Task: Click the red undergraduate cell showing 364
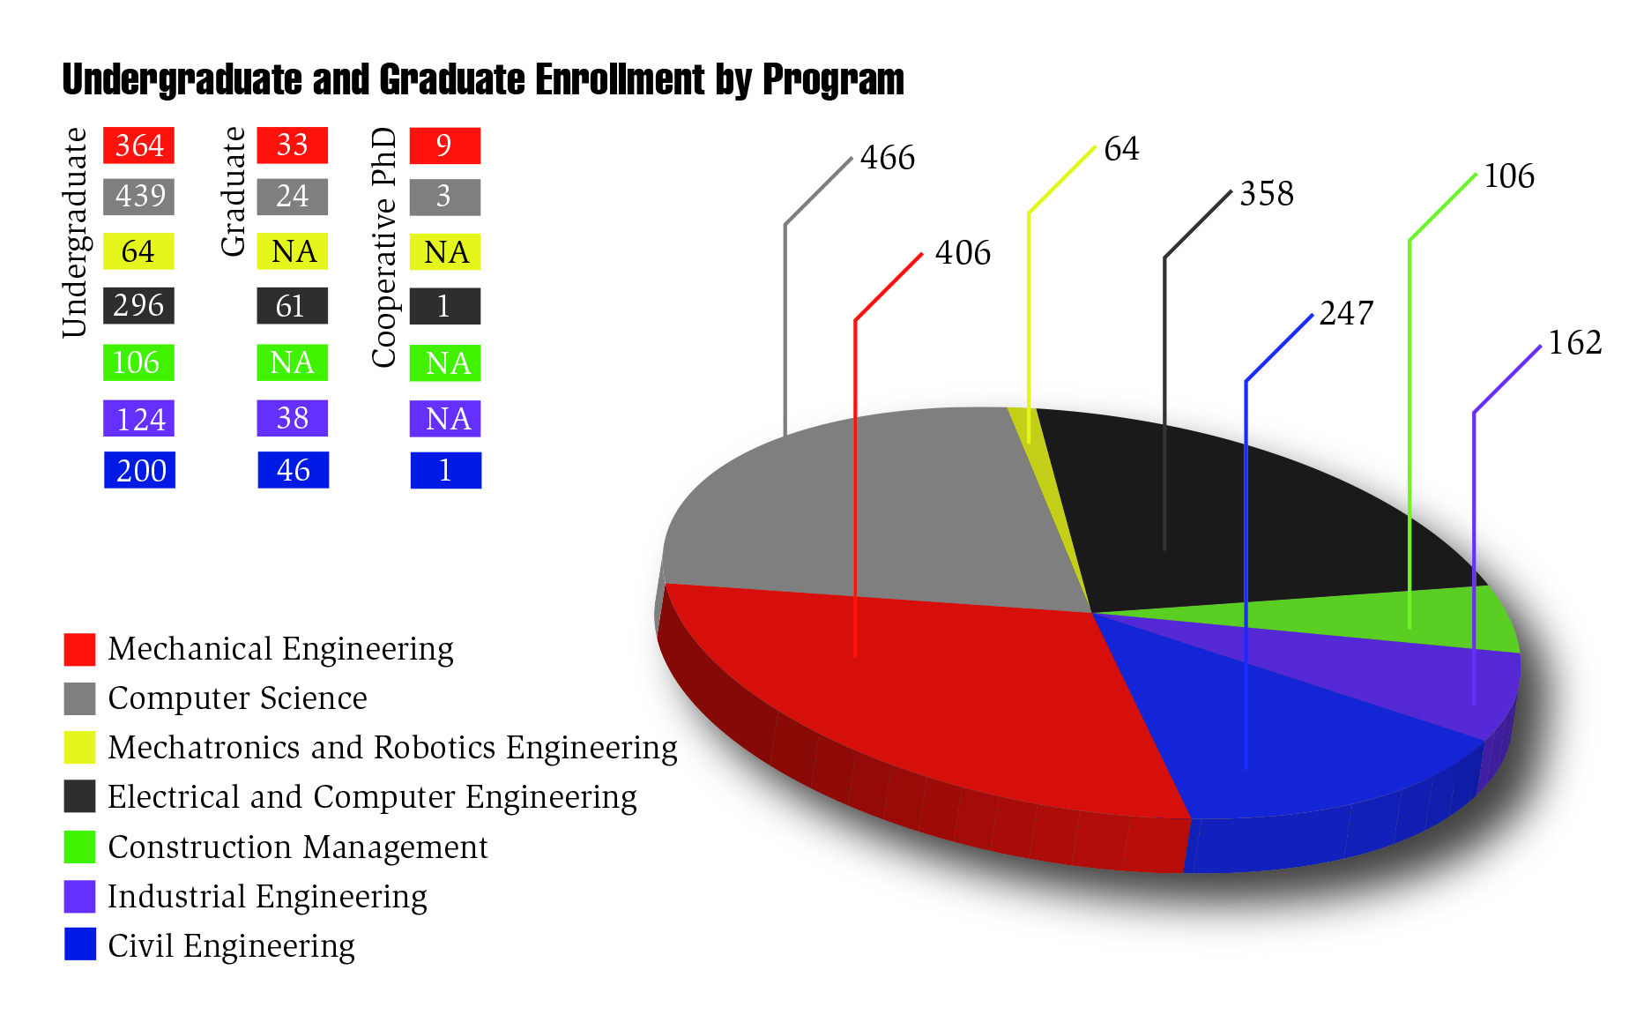tap(138, 146)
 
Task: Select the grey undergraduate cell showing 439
tap(138, 197)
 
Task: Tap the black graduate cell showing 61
tap(292, 306)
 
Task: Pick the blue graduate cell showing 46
tap(293, 470)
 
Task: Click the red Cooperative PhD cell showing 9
tap(444, 146)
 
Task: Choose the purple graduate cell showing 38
tap(292, 418)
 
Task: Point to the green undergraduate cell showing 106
tap(138, 362)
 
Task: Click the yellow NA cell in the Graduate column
tap(292, 251)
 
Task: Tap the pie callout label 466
tap(887, 158)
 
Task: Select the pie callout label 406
tap(963, 253)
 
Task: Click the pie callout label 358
tap(1266, 194)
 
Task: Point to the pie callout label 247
tap(1346, 313)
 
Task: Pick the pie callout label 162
tap(1574, 343)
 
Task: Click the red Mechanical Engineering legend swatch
tap(79, 649)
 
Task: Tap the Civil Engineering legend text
tap(231, 946)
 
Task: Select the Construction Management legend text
tap(297, 847)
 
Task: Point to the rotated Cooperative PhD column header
tap(384, 247)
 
